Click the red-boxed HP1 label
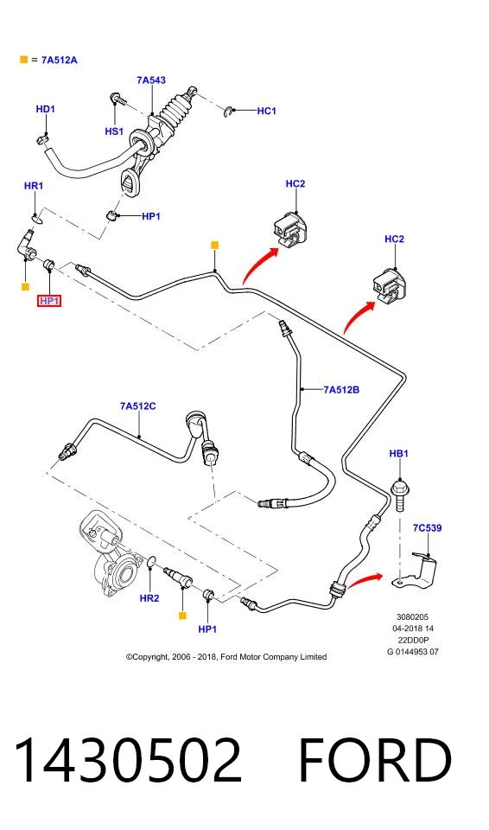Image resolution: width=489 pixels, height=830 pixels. click(x=49, y=301)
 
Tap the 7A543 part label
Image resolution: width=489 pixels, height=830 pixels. click(x=151, y=80)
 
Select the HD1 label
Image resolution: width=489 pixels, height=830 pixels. click(x=46, y=109)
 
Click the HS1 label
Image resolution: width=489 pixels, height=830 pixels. click(x=114, y=131)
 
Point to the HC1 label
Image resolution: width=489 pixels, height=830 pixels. click(x=267, y=111)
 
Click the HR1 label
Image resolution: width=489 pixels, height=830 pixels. click(x=34, y=186)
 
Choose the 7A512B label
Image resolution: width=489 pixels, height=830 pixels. click(x=341, y=390)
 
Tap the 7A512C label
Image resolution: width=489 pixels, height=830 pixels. click(x=137, y=406)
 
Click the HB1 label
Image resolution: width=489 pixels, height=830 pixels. click(x=398, y=454)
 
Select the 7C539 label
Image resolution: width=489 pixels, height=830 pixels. click(x=427, y=527)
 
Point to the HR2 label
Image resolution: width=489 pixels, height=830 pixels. click(x=149, y=598)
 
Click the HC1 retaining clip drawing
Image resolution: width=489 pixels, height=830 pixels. click(x=227, y=112)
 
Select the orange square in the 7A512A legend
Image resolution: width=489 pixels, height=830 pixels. click(x=23, y=60)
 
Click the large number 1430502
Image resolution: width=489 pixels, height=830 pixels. click(x=128, y=761)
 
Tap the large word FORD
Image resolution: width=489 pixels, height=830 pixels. click(x=375, y=761)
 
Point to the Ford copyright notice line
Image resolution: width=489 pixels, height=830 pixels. click(x=226, y=657)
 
